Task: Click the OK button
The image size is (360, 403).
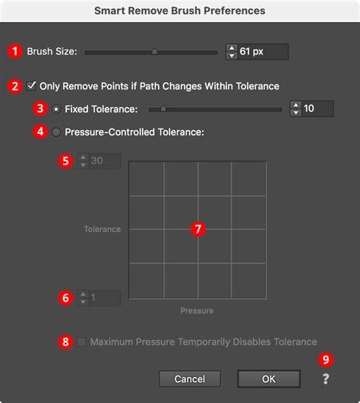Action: [x=268, y=379]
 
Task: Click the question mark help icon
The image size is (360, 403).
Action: [x=326, y=379]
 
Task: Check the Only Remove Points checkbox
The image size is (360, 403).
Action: [x=32, y=86]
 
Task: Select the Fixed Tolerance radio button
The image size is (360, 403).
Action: [x=56, y=109]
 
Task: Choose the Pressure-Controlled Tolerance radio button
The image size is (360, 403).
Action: [x=56, y=132]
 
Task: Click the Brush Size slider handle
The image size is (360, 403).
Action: [x=154, y=52]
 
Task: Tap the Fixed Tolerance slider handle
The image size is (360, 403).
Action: [x=163, y=109]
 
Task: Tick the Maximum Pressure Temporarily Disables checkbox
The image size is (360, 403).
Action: [x=82, y=341]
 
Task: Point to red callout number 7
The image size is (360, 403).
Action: [x=198, y=228]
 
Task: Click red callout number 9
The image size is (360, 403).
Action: [x=326, y=359]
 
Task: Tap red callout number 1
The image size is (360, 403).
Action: [x=14, y=52]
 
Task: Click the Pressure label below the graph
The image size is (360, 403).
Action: [x=197, y=310]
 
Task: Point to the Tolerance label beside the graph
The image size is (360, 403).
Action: [x=103, y=228]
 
